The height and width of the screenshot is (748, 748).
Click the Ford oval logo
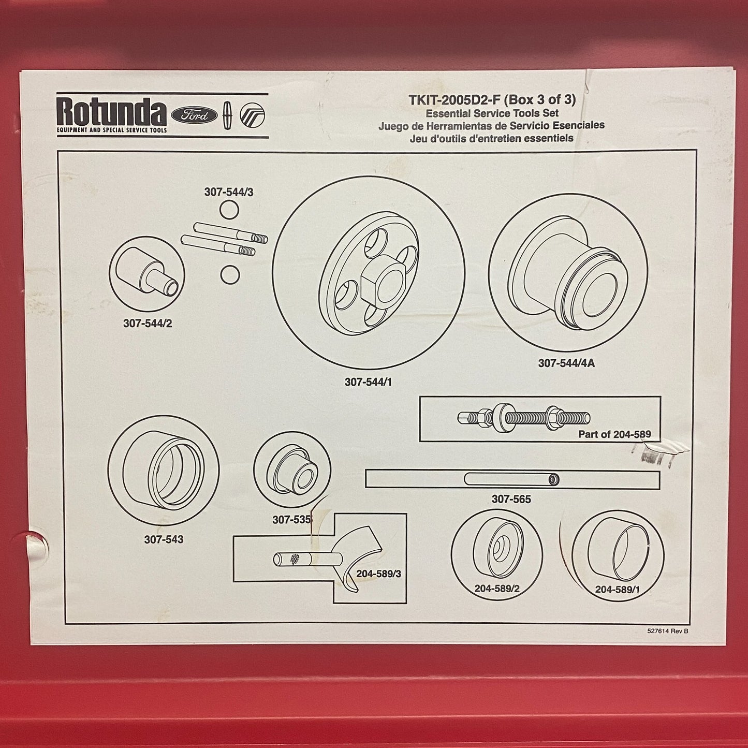pos(194,115)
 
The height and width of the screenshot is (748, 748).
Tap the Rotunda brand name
pos(111,111)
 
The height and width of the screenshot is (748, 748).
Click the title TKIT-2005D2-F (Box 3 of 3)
pos(492,100)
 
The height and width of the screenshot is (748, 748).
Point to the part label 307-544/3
pos(229,192)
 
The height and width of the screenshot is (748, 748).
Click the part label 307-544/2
pos(148,323)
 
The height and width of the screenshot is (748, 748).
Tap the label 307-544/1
pos(368,382)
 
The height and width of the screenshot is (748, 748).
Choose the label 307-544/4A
pos(566,363)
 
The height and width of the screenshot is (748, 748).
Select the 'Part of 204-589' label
pos(614,434)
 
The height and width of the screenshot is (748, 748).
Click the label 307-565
pos(511,499)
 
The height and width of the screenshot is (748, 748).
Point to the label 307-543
pos(164,539)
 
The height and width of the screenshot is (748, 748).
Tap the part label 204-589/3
pos(378,574)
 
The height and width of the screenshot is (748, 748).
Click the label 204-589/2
pos(497,589)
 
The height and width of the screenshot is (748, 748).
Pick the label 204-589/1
pos(617,590)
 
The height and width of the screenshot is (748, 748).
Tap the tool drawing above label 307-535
pos(292,470)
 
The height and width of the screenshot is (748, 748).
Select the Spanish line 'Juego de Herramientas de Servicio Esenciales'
pos(491,126)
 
